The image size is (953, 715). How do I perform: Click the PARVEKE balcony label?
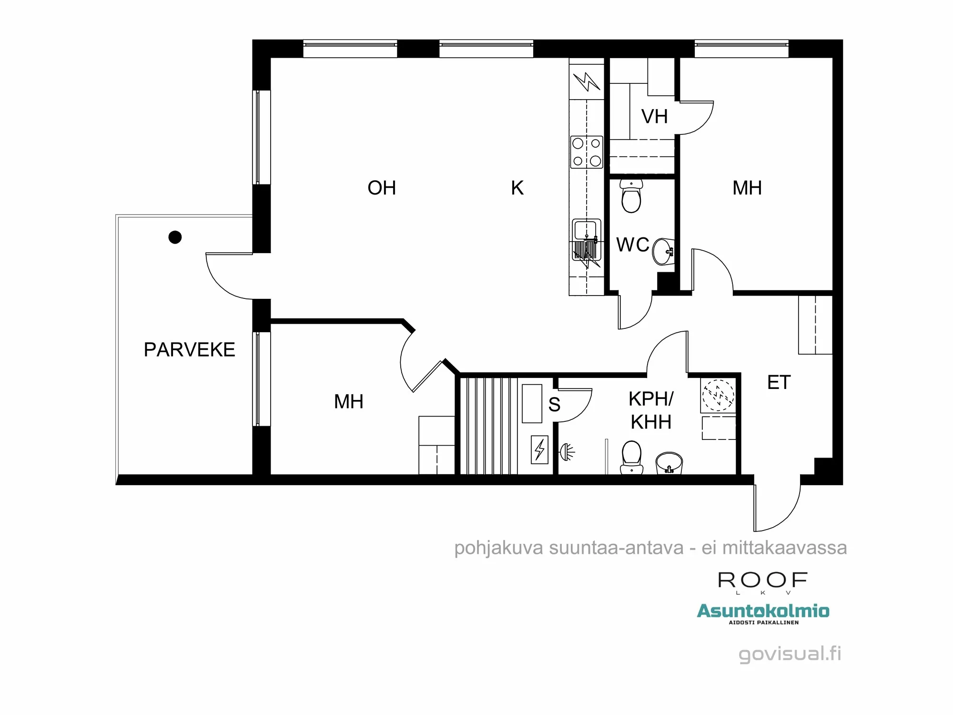(189, 350)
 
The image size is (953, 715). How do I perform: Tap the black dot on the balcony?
(175, 237)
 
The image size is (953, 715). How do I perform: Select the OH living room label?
(382, 188)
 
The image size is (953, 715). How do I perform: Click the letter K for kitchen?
(517, 188)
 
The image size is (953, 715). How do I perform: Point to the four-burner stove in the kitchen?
(587, 152)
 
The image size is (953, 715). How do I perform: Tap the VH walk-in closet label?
(654, 117)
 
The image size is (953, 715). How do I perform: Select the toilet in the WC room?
(631, 197)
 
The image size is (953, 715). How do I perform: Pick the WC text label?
(632, 245)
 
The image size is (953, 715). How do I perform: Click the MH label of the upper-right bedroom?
(747, 188)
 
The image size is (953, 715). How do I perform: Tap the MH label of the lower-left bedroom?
(348, 402)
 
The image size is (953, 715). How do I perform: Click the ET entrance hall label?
(779, 383)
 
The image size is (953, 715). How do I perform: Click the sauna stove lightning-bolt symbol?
(539, 449)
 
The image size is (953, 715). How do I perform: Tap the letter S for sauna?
(554, 405)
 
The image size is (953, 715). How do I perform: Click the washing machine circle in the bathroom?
(718, 395)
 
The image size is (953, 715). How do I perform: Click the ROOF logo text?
(762, 581)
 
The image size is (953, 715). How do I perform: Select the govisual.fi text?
(790, 654)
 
